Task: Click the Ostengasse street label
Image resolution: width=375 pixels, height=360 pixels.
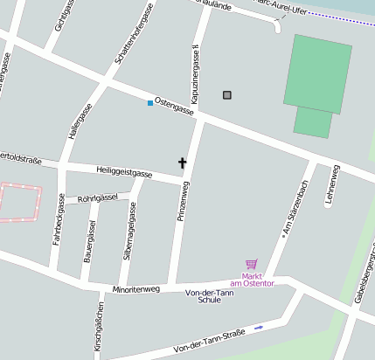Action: tap(173, 106)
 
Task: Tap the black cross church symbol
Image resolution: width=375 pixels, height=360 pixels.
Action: tap(183, 163)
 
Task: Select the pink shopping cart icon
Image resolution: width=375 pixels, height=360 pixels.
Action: tap(252, 264)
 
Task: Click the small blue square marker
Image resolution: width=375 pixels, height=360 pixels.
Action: tap(150, 103)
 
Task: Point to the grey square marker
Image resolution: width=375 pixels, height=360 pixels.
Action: tap(228, 94)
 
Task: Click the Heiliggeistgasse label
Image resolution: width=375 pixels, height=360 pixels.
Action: tap(125, 174)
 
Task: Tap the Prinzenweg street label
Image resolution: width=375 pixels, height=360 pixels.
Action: tap(184, 199)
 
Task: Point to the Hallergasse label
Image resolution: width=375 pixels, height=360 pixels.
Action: tap(79, 122)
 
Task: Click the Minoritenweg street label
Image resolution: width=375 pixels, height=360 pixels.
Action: tap(135, 288)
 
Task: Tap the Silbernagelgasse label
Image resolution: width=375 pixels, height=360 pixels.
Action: tap(129, 232)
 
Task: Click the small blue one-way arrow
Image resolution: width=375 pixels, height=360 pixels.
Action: tap(259, 328)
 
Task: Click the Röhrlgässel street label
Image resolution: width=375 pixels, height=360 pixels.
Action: tap(98, 198)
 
